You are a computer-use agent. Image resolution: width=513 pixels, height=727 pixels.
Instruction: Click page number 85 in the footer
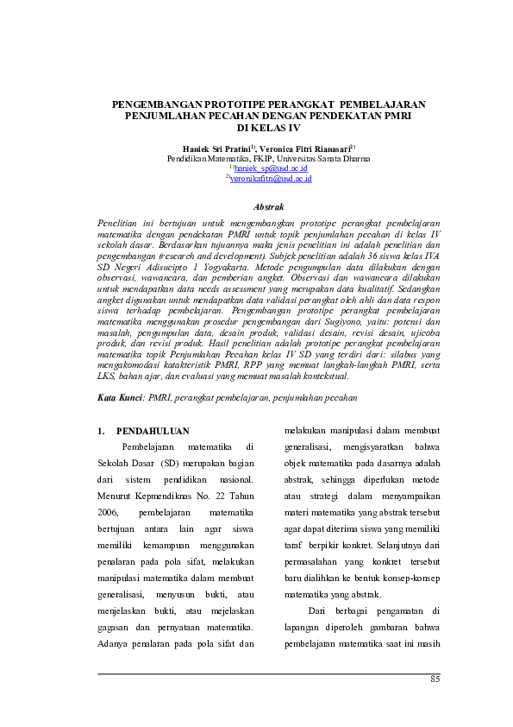point(435,680)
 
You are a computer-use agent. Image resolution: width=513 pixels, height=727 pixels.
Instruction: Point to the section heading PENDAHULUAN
point(153,430)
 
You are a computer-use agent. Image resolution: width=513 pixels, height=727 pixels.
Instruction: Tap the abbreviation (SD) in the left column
point(167,463)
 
